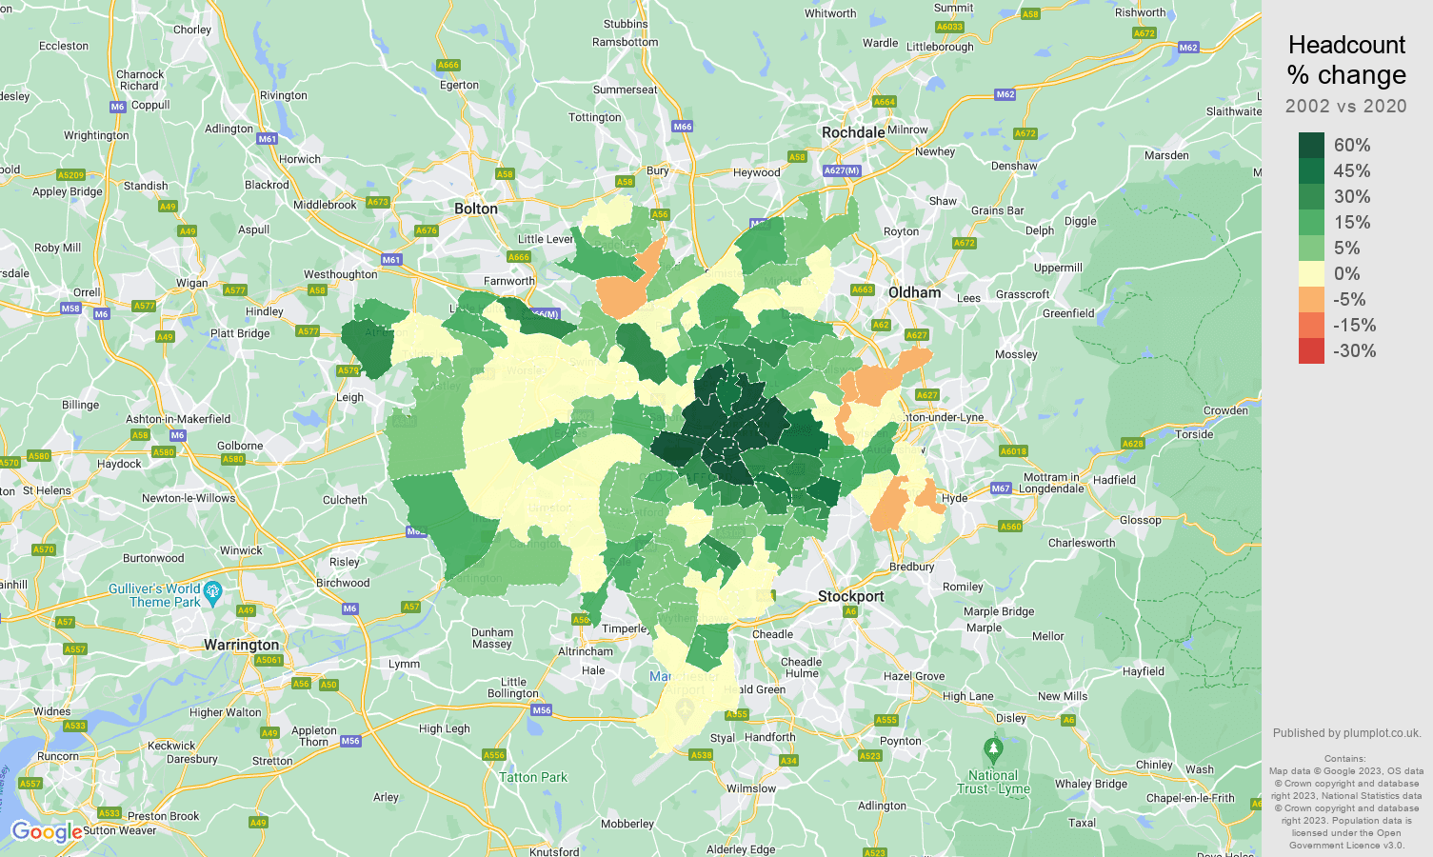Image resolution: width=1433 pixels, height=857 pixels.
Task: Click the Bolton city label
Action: (475, 209)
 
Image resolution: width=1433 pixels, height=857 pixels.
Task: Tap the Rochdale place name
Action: (853, 132)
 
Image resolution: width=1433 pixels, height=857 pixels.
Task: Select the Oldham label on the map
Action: (914, 292)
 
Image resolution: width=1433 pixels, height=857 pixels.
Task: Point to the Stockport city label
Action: (850, 596)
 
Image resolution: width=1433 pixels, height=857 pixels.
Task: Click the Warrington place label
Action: (241, 645)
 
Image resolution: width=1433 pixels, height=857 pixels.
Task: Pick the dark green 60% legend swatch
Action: (1311, 145)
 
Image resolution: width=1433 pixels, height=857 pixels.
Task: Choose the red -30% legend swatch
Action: (1311, 350)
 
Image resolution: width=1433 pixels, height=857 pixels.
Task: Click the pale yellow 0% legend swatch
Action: (1311, 273)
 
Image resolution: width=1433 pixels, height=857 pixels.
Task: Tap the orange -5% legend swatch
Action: (1311, 299)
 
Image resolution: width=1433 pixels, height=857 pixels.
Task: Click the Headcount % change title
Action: (1346, 60)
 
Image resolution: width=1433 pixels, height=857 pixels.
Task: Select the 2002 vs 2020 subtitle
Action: (1345, 106)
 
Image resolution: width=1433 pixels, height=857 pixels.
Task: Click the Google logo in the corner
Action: (47, 832)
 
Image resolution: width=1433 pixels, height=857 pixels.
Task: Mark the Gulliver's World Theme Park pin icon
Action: (212, 591)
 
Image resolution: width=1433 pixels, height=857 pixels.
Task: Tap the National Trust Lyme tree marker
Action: (993, 748)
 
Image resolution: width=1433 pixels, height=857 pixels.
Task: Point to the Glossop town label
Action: (1140, 520)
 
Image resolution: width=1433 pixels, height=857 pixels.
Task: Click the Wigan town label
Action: (191, 283)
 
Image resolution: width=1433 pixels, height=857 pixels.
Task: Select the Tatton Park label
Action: (532, 777)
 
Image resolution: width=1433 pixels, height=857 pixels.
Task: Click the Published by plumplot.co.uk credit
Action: (1346, 733)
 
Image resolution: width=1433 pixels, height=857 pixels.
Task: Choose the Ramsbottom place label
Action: (625, 42)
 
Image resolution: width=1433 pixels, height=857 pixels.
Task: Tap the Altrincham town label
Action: (586, 651)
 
